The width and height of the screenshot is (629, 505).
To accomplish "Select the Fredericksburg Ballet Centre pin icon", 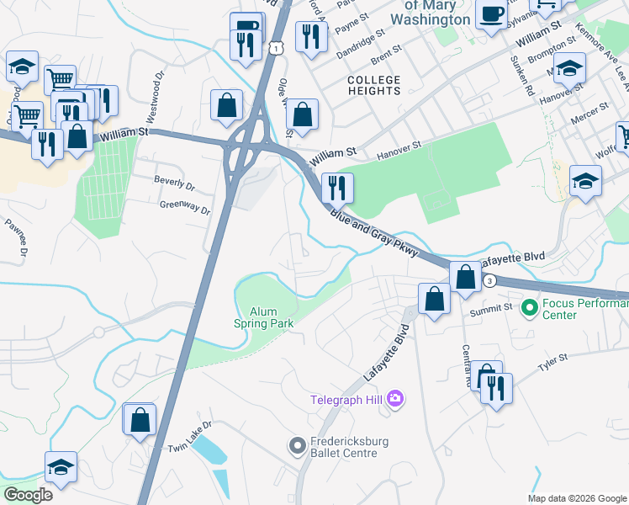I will coord(296,445).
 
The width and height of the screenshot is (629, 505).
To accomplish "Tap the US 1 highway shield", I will coord(275,50).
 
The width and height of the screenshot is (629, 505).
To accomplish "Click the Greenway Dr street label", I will coord(185,207).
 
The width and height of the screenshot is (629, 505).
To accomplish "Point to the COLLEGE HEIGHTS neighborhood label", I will coord(374,85).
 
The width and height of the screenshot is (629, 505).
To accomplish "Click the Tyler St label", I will coord(553,363).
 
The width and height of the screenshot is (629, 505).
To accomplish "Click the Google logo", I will coord(28,495).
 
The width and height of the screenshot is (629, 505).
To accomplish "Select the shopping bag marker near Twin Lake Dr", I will coord(140,418).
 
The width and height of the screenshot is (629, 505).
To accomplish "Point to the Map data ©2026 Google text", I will coord(577,498).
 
